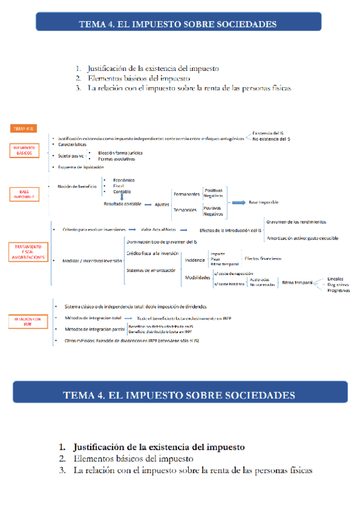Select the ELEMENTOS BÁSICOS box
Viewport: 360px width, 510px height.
point(25,150)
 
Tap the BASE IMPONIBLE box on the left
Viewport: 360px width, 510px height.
point(25,194)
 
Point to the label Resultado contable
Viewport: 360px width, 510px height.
point(122,204)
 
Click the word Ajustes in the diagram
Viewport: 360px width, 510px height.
point(162,204)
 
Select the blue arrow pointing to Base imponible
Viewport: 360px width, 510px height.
point(239,203)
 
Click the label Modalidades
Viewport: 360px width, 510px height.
point(198,278)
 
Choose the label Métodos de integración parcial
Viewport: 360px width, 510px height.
point(90,329)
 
